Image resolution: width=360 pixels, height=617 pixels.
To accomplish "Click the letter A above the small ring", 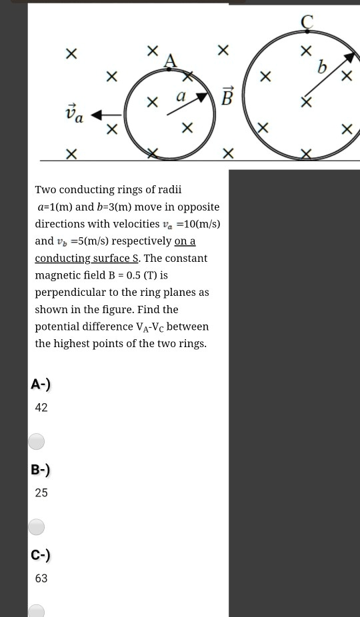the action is click(x=171, y=61).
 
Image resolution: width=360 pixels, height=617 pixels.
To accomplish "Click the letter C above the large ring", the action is click(x=307, y=22).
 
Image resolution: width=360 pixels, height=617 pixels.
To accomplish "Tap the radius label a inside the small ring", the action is click(x=180, y=97).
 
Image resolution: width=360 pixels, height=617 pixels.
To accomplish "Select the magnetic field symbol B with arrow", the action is click(x=227, y=97).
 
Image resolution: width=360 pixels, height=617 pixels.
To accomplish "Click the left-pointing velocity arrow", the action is click(x=105, y=115).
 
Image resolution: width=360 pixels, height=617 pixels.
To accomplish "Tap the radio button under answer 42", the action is click(x=37, y=441).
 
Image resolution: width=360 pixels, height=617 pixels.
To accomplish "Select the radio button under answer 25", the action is click(x=37, y=527).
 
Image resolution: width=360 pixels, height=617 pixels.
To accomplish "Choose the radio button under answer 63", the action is click(x=37, y=610).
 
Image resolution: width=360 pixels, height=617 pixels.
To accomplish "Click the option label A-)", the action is click(x=41, y=384).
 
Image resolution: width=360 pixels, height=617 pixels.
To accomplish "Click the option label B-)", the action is click(x=41, y=469).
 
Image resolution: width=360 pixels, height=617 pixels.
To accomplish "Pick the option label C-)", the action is click(x=41, y=554).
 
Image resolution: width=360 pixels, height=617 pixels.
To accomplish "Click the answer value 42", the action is click(x=41, y=407).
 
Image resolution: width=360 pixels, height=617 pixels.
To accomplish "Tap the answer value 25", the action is click(x=41, y=492).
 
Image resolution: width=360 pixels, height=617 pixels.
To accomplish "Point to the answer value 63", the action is click(x=41, y=578).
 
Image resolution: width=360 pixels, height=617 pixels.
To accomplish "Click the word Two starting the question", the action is click(x=46, y=190).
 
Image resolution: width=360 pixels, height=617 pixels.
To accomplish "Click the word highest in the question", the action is click(x=76, y=344).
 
